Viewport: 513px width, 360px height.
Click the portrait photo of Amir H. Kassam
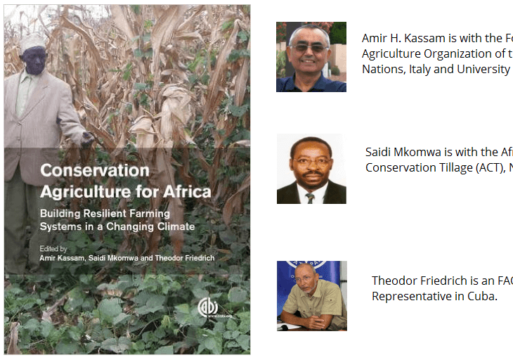pyautogui.click(x=311, y=57)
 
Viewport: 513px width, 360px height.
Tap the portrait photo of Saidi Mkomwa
pyautogui.click(x=311, y=169)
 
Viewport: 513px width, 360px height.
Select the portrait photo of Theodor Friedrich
pyautogui.click(x=311, y=295)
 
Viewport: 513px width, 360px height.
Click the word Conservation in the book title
pyautogui.click(x=94, y=171)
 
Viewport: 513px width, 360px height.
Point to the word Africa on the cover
pyautogui.click(x=186, y=191)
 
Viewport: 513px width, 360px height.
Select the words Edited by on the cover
pyautogui.click(x=53, y=248)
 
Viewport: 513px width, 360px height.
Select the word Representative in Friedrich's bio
pyautogui.click(x=408, y=296)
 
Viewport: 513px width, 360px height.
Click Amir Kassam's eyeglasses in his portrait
pyautogui.click(x=310, y=48)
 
